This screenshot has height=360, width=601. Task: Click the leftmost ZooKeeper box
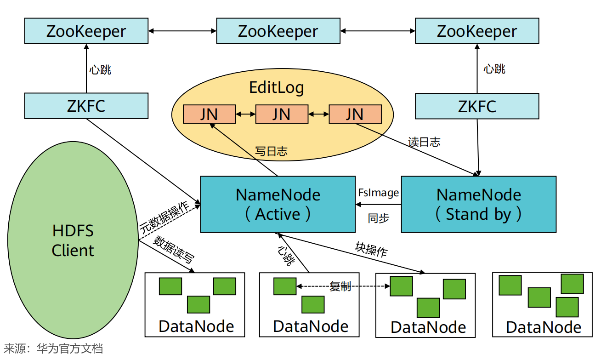[86, 31]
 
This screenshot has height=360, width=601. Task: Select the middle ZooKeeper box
[278, 31]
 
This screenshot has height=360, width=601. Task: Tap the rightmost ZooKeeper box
[477, 31]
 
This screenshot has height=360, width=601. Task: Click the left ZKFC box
[86, 106]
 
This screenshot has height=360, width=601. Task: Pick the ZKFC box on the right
[477, 106]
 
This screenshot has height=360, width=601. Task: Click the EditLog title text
[277, 87]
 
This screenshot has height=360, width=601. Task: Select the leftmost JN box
[209, 114]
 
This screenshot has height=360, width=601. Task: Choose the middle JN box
[281, 114]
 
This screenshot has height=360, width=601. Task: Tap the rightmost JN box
[355, 114]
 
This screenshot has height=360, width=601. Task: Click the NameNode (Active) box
[278, 204]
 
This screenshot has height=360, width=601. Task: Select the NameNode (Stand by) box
[478, 204]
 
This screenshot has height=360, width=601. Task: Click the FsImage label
[378, 193]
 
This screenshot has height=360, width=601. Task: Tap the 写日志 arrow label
[271, 151]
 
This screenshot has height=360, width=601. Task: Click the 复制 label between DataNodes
[340, 286]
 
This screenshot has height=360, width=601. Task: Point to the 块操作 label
[371, 250]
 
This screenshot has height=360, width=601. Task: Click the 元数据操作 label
[164, 216]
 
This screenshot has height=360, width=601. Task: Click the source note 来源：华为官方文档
[53, 349]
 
